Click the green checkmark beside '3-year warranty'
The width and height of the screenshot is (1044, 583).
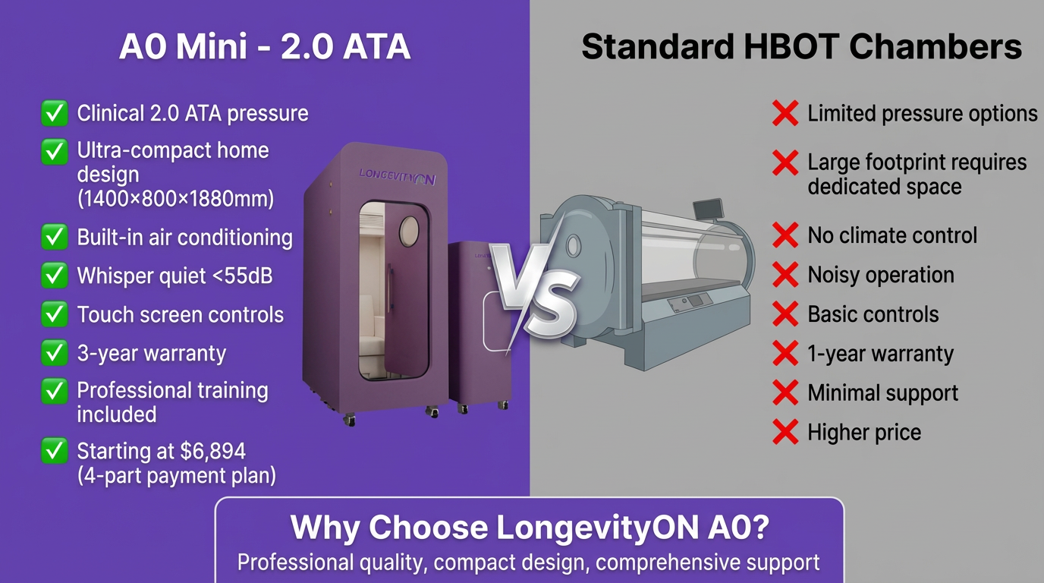53,353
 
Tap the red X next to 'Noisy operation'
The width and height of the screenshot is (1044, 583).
785,275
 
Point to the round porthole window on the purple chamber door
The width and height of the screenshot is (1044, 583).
409,228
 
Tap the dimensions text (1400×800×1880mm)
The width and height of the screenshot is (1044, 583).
175,199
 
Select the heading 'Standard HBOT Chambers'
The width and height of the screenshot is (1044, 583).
801,47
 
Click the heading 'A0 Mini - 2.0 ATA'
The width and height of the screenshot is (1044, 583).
265,47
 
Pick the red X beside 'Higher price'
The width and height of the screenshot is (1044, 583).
785,433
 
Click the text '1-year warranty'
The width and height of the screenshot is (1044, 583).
880,354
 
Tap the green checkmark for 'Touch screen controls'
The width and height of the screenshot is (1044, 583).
53,314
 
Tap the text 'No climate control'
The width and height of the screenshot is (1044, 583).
892,235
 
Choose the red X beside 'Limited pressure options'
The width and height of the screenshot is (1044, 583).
785,114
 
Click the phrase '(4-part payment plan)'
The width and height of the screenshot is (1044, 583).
176,476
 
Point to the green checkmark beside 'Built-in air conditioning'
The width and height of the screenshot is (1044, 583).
53,237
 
